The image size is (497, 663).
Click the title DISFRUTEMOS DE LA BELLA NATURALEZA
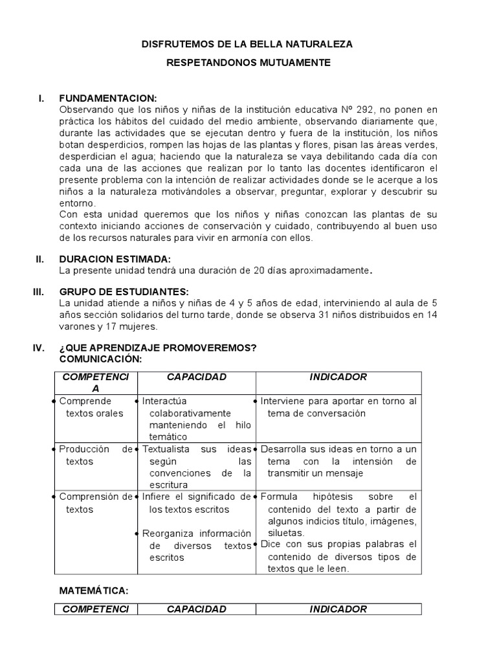click(x=248, y=44)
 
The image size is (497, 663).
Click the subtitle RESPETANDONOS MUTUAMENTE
click(x=248, y=63)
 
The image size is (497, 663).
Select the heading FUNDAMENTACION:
click(x=108, y=98)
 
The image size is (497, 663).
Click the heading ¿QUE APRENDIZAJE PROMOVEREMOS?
click(x=158, y=348)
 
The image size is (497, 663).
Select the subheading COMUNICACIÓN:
click(x=100, y=359)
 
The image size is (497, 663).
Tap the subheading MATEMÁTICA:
click(x=94, y=590)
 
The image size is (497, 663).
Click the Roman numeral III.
click(x=39, y=291)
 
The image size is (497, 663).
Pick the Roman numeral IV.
click(x=39, y=348)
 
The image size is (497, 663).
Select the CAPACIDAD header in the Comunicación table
click(x=196, y=377)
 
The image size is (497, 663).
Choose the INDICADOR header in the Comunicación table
click(x=338, y=377)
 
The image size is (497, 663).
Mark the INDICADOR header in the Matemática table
click(x=338, y=609)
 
